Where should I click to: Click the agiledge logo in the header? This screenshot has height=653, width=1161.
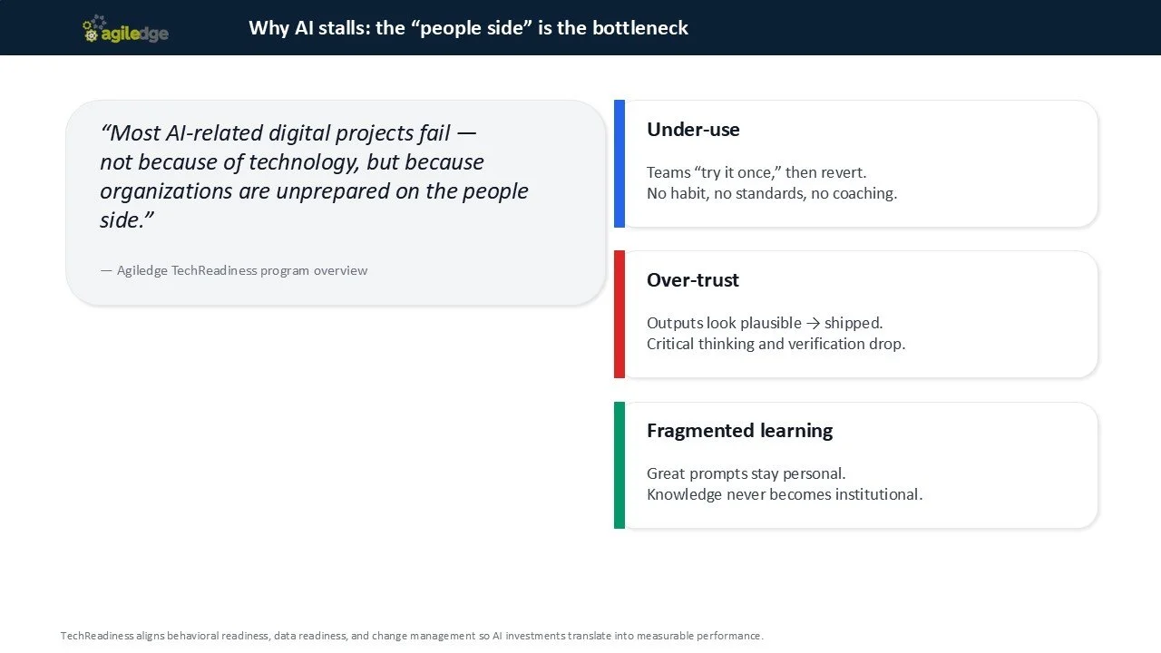click(125, 31)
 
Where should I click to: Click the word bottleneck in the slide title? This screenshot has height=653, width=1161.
click(640, 28)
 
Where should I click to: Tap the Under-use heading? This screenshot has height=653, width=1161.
click(693, 130)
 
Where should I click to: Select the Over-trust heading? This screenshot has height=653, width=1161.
click(693, 280)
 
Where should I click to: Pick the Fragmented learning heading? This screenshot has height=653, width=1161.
click(739, 431)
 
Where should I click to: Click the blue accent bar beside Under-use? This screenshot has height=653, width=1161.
click(620, 163)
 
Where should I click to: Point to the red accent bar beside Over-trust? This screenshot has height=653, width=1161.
click(620, 314)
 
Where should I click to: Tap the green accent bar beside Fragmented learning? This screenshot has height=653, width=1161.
click(620, 464)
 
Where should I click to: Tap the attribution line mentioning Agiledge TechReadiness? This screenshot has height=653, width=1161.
click(234, 270)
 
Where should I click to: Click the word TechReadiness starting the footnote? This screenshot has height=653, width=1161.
click(96, 636)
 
